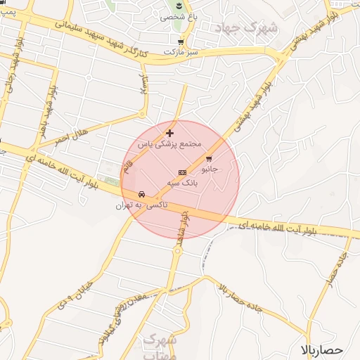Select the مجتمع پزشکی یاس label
click(169, 143)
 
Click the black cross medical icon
click(169, 132)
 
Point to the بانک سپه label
click(182, 182)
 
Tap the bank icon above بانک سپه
click(182, 172)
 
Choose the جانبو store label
click(210, 169)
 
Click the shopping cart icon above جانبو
click(209, 159)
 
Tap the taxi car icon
click(142, 194)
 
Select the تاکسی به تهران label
click(134, 205)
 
